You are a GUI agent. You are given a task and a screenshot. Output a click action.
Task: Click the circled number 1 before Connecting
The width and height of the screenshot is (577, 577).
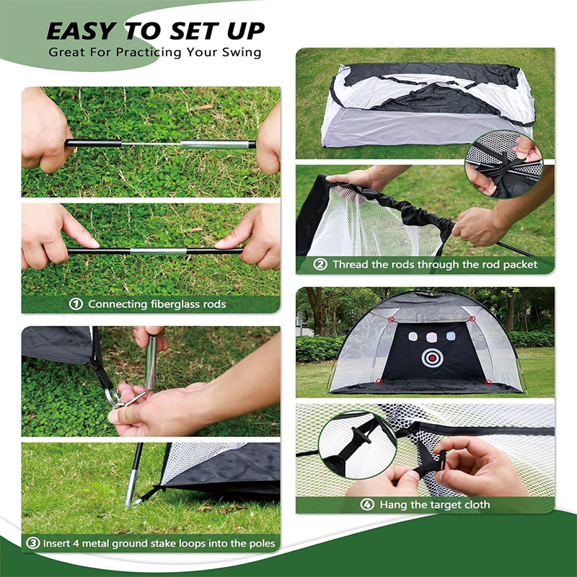(x=76, y=304)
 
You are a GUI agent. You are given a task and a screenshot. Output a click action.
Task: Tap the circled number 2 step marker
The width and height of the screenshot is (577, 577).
(x=320, y=264)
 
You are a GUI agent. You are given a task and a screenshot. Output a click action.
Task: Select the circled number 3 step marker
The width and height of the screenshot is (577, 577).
(x=32, y=543)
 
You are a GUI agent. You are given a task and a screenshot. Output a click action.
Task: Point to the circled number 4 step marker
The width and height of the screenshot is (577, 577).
(x=367, y=504)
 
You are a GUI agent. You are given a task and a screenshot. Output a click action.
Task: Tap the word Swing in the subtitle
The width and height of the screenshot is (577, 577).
(x=242, y=53)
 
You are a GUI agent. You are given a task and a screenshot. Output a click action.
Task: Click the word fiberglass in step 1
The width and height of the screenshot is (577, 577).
(x=172, y=304)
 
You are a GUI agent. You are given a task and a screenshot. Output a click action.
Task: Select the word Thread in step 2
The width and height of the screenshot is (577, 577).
(x=351, y=264)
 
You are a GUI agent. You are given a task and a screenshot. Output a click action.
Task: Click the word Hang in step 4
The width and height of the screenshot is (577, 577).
(x=393, y=504)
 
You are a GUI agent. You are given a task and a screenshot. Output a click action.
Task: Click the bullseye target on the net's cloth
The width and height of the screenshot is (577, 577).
(x=432, y=358)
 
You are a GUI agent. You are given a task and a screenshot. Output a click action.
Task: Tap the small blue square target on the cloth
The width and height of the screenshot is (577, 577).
(x=450, y=336)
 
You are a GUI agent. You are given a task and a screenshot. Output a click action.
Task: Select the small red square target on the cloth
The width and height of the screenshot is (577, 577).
(x=431, y=337)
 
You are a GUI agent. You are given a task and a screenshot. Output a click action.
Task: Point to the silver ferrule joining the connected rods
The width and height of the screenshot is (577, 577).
(x=158, y=251)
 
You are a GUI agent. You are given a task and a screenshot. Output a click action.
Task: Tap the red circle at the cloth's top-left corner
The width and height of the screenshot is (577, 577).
(x=391, y=320)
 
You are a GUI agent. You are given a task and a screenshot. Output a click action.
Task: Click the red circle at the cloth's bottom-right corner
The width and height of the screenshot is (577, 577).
(x=488, y=383)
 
